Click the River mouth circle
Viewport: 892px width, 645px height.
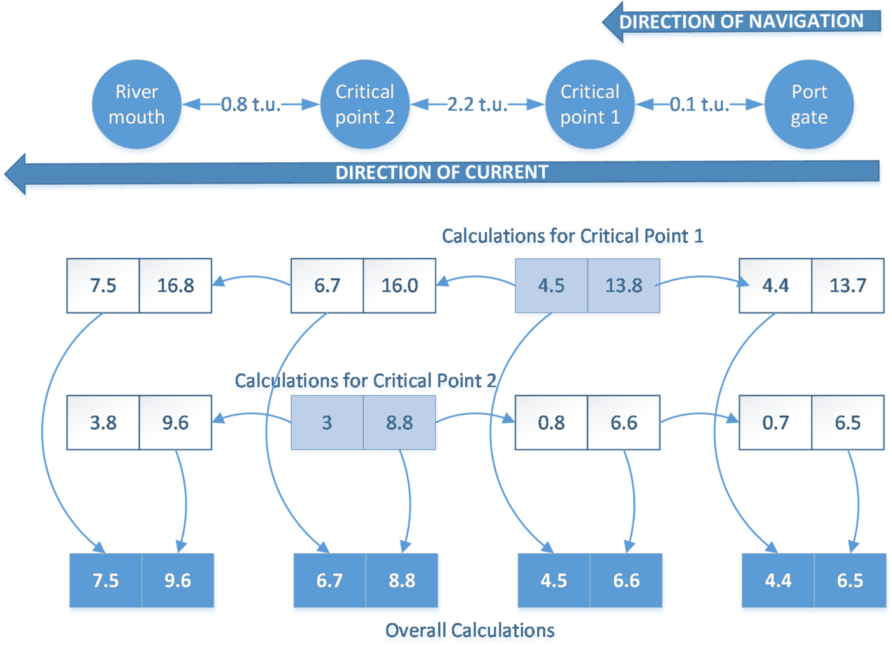[x=136, y=104]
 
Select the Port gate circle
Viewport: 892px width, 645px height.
[x=809, y=104]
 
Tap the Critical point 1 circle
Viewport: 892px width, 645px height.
[x=589, y=104]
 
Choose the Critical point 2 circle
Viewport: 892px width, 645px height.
[x=364, y=104]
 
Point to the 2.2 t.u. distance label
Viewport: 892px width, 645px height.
[x=477, y=104]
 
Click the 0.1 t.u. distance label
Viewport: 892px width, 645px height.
[x=700, y=104]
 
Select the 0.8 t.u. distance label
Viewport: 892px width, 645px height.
[x=250, y=104]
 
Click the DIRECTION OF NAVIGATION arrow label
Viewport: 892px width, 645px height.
[x=741, y=22]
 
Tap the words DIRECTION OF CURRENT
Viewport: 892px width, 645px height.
[x=442, y=173]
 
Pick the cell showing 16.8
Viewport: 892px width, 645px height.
[x=175, y=285]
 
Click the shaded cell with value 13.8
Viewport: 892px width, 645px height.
[x=623, y=285]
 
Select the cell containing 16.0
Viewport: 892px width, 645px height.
[x=399, y=285]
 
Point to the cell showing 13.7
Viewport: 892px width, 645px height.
[x=847, y=285]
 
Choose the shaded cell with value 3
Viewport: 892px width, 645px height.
[x=327, y=423]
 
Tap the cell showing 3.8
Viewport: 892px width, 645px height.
[x=103, y=423]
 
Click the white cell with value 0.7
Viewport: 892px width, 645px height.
[x=775, y=423]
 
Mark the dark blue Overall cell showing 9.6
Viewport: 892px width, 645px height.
[x=178, y=581]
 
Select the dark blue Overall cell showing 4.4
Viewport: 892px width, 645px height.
[x=778, y=581]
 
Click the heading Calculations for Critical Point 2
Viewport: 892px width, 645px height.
[x=365, y=381]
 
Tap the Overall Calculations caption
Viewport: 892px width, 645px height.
[x=470, y=630]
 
